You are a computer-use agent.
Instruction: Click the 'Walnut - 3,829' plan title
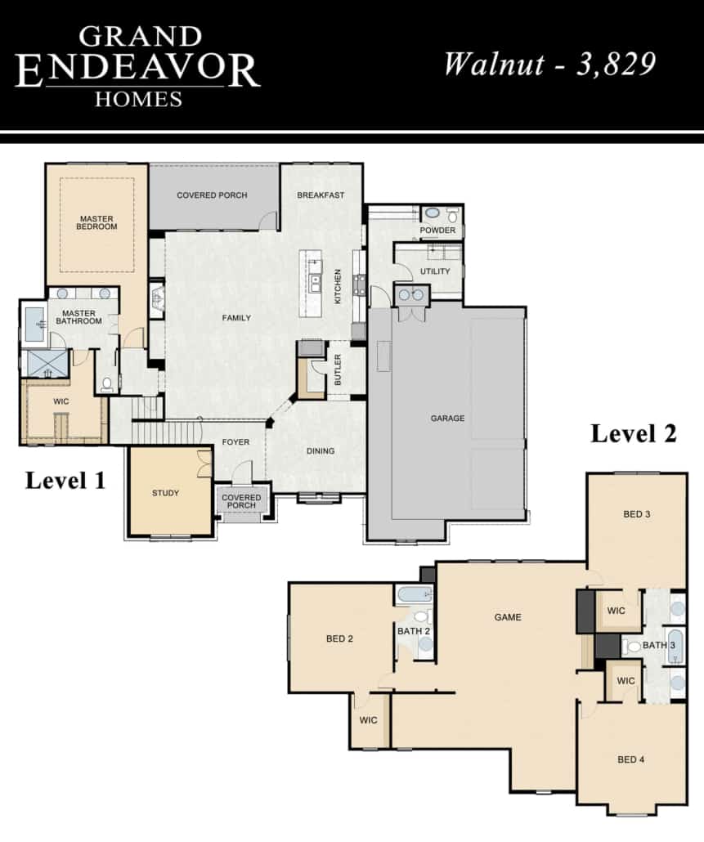[549, 64]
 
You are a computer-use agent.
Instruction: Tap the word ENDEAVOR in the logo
[137, 70]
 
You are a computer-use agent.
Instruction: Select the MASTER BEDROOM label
[96, 222]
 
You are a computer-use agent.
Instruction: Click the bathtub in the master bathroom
[35, 324]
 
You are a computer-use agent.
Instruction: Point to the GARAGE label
[447, 419]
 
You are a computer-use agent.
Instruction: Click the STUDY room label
[165, 493]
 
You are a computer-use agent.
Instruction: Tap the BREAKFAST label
[321, 195]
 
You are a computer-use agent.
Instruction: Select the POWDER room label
[437, 231]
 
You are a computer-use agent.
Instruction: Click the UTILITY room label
[435, 271]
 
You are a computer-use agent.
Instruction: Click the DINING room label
[321, 451]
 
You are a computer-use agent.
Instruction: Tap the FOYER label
[235, 442]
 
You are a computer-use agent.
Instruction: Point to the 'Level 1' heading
[65, 481]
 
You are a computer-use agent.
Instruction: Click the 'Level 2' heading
[634, 434]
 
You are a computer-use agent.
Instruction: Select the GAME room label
[508, 617]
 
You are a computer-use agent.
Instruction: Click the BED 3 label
[637, 514]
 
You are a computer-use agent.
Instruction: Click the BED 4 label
[631, 759]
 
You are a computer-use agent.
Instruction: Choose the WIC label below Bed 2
[368, 721]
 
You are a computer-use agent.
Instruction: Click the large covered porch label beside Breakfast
[212, 195]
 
